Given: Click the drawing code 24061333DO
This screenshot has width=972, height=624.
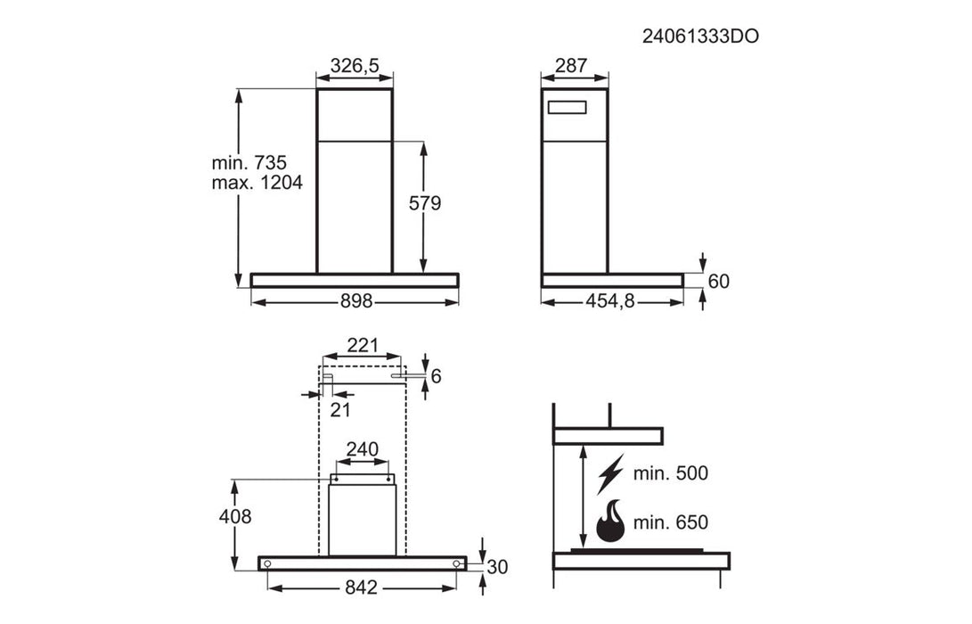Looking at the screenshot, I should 701,37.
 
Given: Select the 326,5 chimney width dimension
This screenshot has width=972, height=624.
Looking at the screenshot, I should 355,65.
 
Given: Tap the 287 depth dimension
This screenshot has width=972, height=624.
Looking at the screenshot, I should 570,65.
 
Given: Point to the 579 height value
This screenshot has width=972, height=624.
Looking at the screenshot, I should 425,203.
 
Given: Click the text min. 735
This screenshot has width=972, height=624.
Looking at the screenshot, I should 249,163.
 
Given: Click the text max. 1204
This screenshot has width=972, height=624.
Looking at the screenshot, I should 257,183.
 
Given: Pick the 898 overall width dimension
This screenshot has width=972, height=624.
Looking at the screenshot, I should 355,301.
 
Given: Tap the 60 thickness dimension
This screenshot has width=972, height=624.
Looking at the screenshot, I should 718,281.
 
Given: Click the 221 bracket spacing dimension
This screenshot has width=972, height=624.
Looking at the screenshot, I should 363,345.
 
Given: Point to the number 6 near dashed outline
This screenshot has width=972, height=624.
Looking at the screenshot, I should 436,376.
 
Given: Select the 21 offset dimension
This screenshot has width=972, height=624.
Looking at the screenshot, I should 340,409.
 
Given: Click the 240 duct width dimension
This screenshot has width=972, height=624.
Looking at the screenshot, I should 362,449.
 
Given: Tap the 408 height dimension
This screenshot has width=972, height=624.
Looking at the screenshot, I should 234,516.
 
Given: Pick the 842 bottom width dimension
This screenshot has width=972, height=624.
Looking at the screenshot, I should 362,587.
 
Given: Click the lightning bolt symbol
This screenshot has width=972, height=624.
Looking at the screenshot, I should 610,472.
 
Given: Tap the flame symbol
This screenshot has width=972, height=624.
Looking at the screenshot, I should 610,521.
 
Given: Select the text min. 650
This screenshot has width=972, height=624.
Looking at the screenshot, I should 670,522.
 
